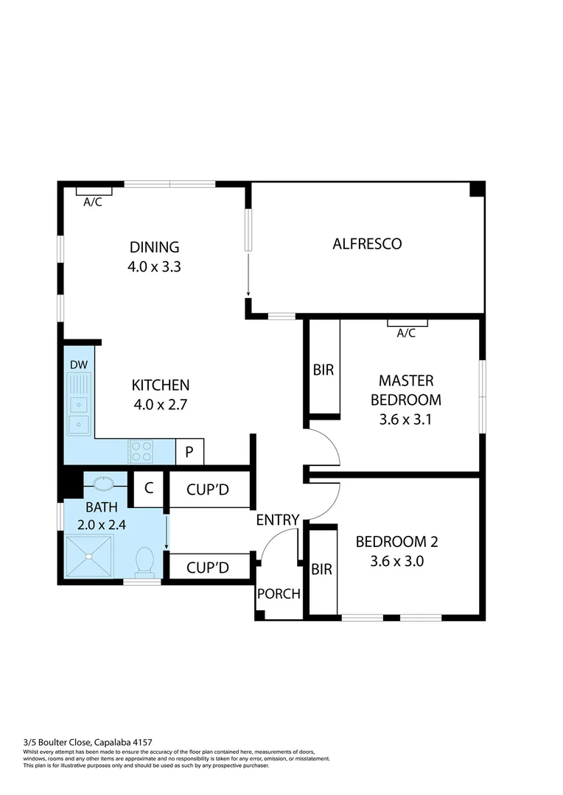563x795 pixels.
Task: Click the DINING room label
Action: click(154, 247)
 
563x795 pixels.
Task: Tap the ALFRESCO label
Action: click(367, 244)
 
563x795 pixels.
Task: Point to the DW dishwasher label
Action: click(77, 365)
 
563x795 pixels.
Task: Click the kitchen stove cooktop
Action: click(140, 451)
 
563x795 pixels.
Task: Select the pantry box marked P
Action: click(189, 452)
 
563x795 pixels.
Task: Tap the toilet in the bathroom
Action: click(144, 563)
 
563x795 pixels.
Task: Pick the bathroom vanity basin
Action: click(102, 484)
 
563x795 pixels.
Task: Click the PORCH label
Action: click(279, 593)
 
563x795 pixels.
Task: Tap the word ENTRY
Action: click(278, 520)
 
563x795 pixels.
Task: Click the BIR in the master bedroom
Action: click(324, 370)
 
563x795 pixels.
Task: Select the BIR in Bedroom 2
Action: click(321, 569)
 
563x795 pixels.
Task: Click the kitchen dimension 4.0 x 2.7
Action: click(160, 404)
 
